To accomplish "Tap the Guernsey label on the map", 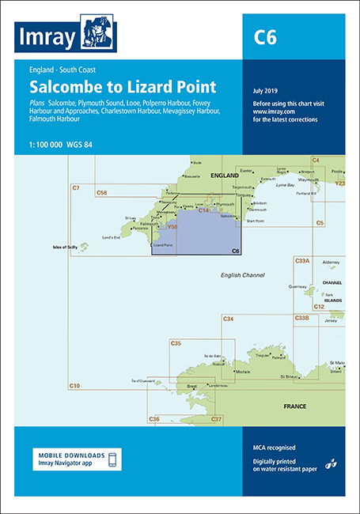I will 297,286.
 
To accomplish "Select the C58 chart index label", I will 101,192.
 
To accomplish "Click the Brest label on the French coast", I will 191,386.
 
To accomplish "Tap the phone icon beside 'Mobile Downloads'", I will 113,459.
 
